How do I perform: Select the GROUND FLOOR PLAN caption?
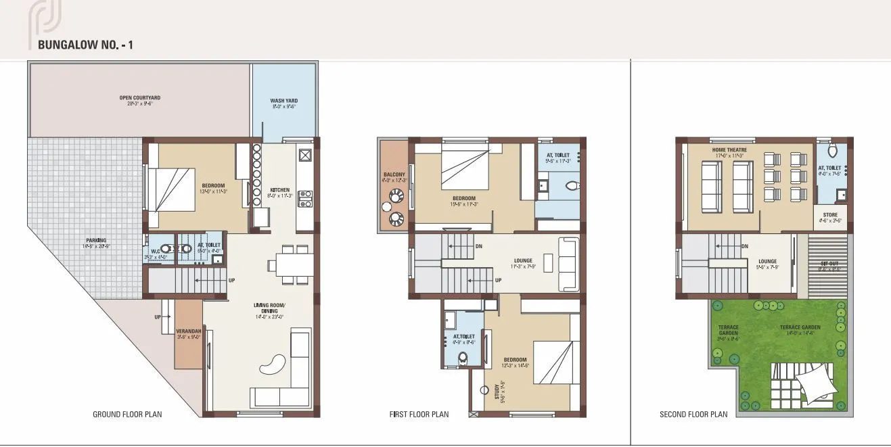pos(127,414)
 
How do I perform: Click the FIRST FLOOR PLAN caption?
pos(419,414)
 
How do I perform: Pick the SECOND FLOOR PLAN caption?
pos(693,414)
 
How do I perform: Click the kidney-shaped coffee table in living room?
pos(273,364)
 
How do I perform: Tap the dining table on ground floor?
pos(291,264)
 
